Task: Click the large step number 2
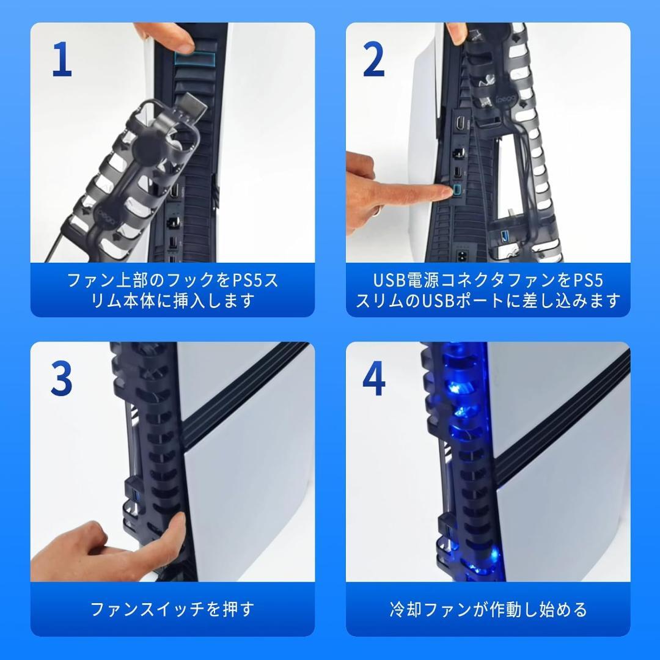(374, 61)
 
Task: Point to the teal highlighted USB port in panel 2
(456, 192)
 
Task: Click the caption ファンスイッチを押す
(172, 609)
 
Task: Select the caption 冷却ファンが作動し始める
(488, 609)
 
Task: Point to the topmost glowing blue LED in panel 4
(455, 389)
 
